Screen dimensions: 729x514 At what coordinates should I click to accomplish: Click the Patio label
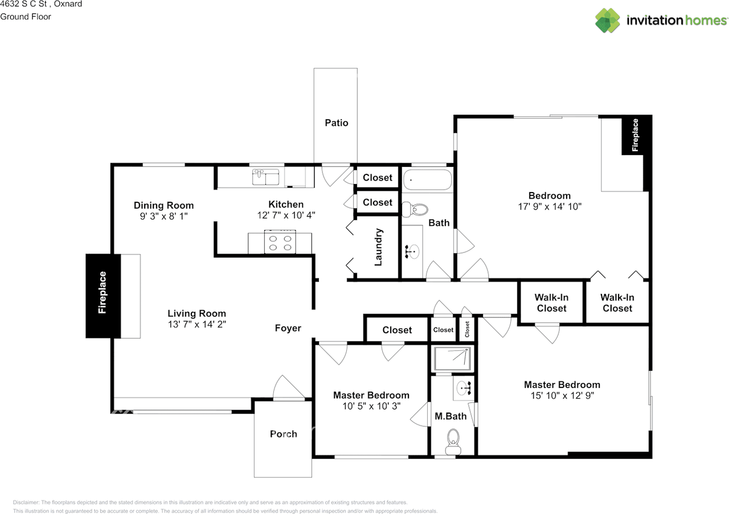click(336, 123)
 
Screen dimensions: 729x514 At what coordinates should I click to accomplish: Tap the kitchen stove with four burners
click(280, 242)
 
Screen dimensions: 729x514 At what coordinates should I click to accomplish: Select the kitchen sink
click(265, 177)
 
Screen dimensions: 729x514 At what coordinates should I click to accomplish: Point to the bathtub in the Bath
click(427, 180)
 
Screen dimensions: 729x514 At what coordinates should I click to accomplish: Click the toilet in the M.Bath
click(453, 442)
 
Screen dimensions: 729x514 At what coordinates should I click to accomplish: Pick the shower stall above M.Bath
click(452, 358)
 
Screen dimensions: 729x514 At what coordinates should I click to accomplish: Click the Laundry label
click(378, 247)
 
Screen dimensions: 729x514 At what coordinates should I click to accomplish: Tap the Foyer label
click(288, 328)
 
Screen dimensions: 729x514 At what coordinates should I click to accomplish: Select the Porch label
click(284, 434)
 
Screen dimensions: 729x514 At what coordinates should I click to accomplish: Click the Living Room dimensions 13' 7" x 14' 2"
click(197, 324)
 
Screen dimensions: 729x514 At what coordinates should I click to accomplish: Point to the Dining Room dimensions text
click(163, 217)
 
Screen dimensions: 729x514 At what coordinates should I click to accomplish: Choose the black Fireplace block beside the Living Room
click(103, 296)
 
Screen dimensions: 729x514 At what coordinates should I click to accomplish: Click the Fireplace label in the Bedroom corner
click(634, 135)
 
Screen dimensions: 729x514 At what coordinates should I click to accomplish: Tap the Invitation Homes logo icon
click(607, 21)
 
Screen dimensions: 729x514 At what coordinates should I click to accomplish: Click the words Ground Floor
click(26, 17)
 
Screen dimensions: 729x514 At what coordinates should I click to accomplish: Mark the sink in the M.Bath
click(463, 388)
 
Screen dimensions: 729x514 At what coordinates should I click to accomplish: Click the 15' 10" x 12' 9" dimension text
click(562, 396)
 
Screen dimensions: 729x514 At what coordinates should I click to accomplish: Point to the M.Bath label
click(450, 417)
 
